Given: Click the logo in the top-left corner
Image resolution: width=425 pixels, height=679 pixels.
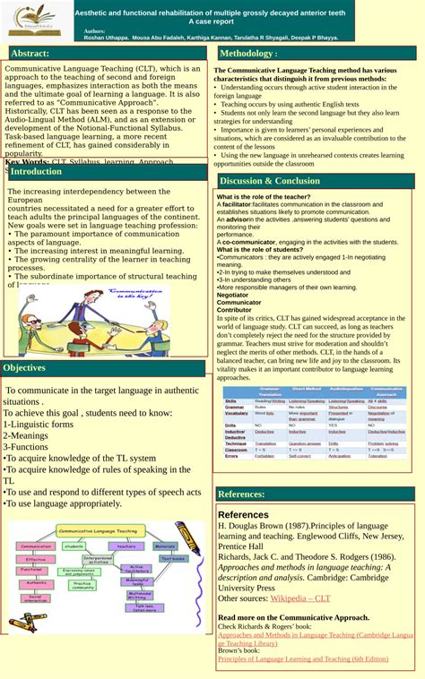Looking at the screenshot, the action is click(35, 20).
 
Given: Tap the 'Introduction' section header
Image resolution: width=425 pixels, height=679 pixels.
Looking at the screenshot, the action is click(37, 171).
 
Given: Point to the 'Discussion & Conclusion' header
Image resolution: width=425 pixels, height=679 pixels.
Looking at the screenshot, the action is click(269, 181).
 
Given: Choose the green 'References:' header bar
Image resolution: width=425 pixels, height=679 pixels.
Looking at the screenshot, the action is click(242, 494).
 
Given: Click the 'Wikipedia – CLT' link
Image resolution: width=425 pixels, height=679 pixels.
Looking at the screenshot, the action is click(300, 597).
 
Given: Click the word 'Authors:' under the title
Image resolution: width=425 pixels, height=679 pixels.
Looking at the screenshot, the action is click(94, 30).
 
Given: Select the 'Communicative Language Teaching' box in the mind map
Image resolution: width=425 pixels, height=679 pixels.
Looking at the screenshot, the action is click(98, 531).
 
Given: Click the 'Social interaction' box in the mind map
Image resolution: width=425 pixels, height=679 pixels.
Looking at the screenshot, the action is click(37, 597).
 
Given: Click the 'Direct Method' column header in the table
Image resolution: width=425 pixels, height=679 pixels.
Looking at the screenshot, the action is click(306, 391).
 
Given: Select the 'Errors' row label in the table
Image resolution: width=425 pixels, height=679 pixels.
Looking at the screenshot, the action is click(232, 456).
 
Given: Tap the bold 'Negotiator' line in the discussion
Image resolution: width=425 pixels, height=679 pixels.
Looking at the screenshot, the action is click(233, 294).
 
